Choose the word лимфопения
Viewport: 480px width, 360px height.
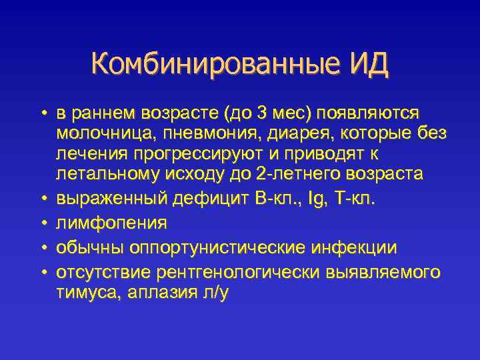coord(111,223)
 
